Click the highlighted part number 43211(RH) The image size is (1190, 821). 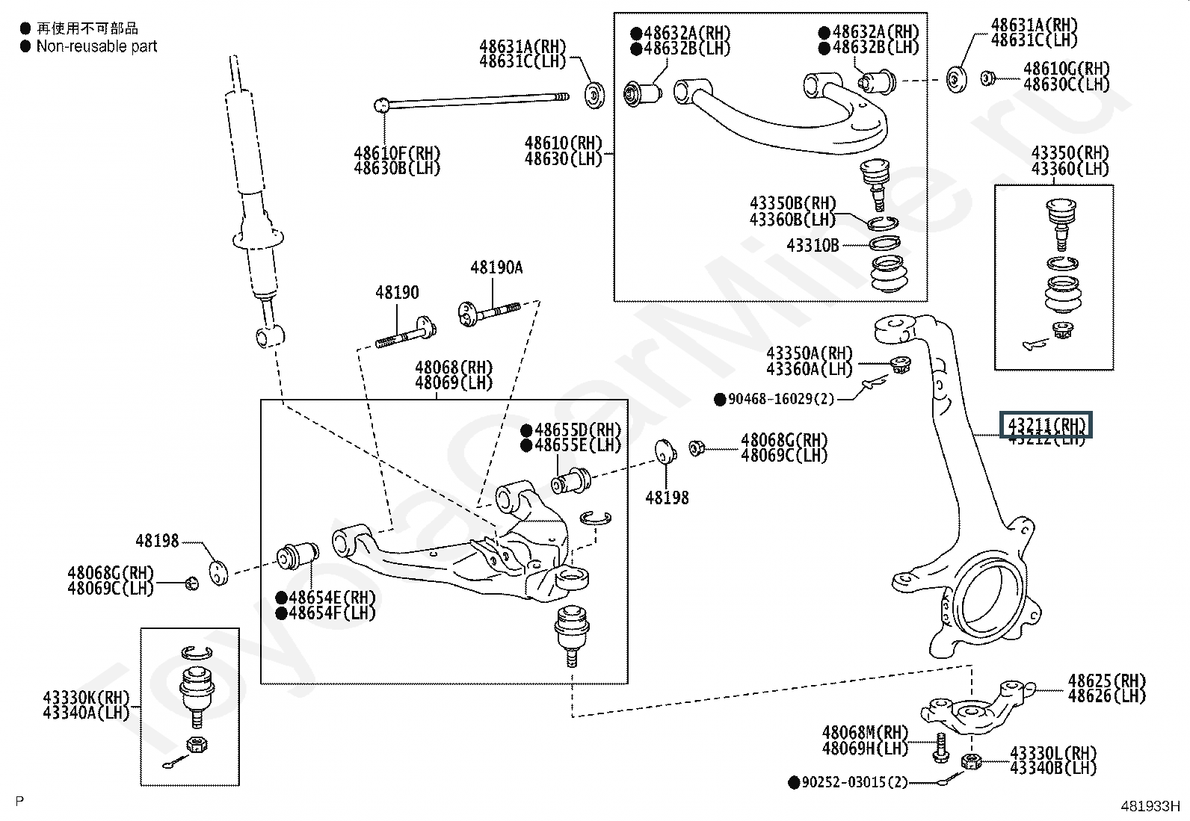pyautogui.click(x=1046, y=425)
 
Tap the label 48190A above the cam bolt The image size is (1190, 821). pyautogui.click(x=496, y=267)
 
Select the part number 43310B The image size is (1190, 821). pyautogui.click(x=813, y=245)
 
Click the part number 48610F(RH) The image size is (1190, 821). pyautogui.click(x=397, y=154)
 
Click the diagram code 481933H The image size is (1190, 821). pyautogui.click(x=1149, y=806)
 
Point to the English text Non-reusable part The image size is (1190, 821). pyautogui.click(x=97, y=46)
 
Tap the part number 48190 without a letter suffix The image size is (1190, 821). pyautogui.click(x=397, y=293)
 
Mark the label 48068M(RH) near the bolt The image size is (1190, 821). pyautogui.click(x=865, y=733)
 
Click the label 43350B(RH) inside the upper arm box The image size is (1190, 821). pyautogui.click(x=792, y=204)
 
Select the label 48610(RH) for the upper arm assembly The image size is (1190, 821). pyautogui.click(x=563, y=143)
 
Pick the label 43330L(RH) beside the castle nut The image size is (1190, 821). pyautogui.click(x=1052, y=752)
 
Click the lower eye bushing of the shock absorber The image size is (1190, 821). pyautogui.click(x=268, y=335)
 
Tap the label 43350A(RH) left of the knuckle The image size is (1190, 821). pyautogui.click(x=809, y=353)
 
